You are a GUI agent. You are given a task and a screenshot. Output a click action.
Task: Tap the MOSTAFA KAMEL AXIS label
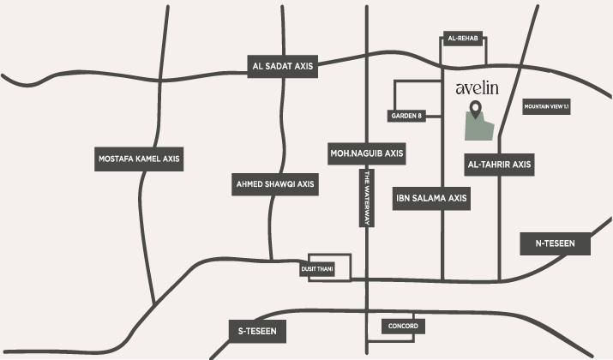(140, 159)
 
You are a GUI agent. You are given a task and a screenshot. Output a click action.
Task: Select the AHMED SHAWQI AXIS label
(274, 184)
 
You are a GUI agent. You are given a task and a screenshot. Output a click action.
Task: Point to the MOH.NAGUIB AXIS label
(366, 153)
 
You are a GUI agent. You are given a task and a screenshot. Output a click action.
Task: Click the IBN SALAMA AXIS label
(431, 198)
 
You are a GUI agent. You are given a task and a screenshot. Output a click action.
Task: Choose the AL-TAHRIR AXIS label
(499, 163)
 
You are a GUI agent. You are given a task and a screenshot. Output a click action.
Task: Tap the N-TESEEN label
(556, 243)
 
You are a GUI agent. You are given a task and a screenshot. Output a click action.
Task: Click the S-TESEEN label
(261, 330)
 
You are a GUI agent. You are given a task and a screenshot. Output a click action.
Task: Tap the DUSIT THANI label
(317, 269)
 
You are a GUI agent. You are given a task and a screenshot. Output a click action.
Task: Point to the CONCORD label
(403, 327)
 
